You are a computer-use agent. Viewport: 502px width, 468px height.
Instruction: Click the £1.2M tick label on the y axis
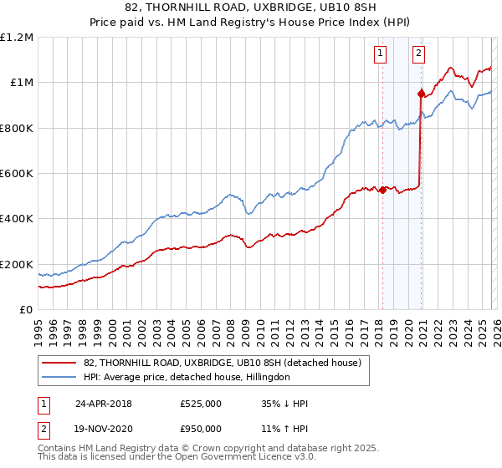pyautogui.click(x=17, y=38)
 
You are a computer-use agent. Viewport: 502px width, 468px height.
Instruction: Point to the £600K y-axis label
pyautogui.click(x=17, y=174)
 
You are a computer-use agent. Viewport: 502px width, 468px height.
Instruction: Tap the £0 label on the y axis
pyautogui.click(x=26, y=310)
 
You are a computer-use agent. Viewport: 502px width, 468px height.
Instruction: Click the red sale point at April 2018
pyautogui.click(x=382, y=190)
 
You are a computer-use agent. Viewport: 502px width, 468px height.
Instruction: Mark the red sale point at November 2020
pyautogui.click(x=421, y=93)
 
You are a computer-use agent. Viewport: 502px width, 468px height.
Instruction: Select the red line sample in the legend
pyautogui.click(x=59, y=363)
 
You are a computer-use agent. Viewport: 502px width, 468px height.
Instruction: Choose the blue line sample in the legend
pyautogui.click(x=59, y=377)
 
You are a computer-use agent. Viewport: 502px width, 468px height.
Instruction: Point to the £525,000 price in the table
pyautogui.click(x=201, y=404)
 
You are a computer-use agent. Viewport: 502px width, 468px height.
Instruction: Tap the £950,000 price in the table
pyautogui.click(x=201, y=428)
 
